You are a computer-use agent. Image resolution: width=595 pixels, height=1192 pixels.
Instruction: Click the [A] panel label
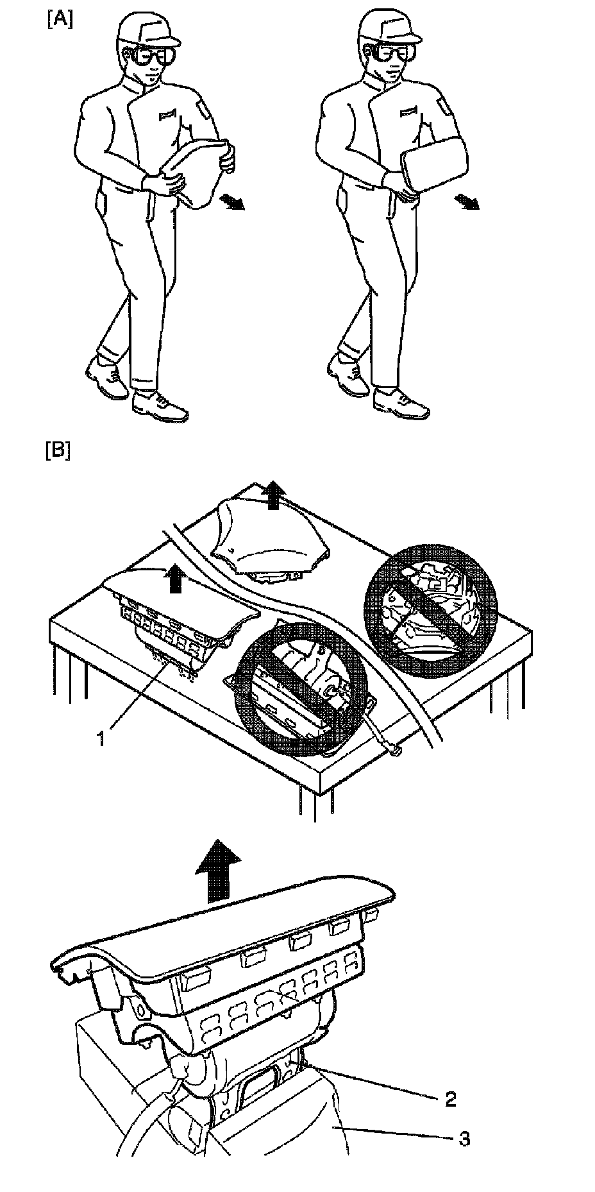[x=60, y=20]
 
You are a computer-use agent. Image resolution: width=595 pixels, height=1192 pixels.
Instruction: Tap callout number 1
[x=101, y=738]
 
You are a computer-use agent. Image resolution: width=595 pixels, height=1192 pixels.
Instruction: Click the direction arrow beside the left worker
[x=231, y=203]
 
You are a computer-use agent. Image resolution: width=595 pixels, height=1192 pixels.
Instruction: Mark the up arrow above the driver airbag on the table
[x=274, y=495]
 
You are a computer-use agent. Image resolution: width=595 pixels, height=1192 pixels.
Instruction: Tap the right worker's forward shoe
[x=401, y=404]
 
